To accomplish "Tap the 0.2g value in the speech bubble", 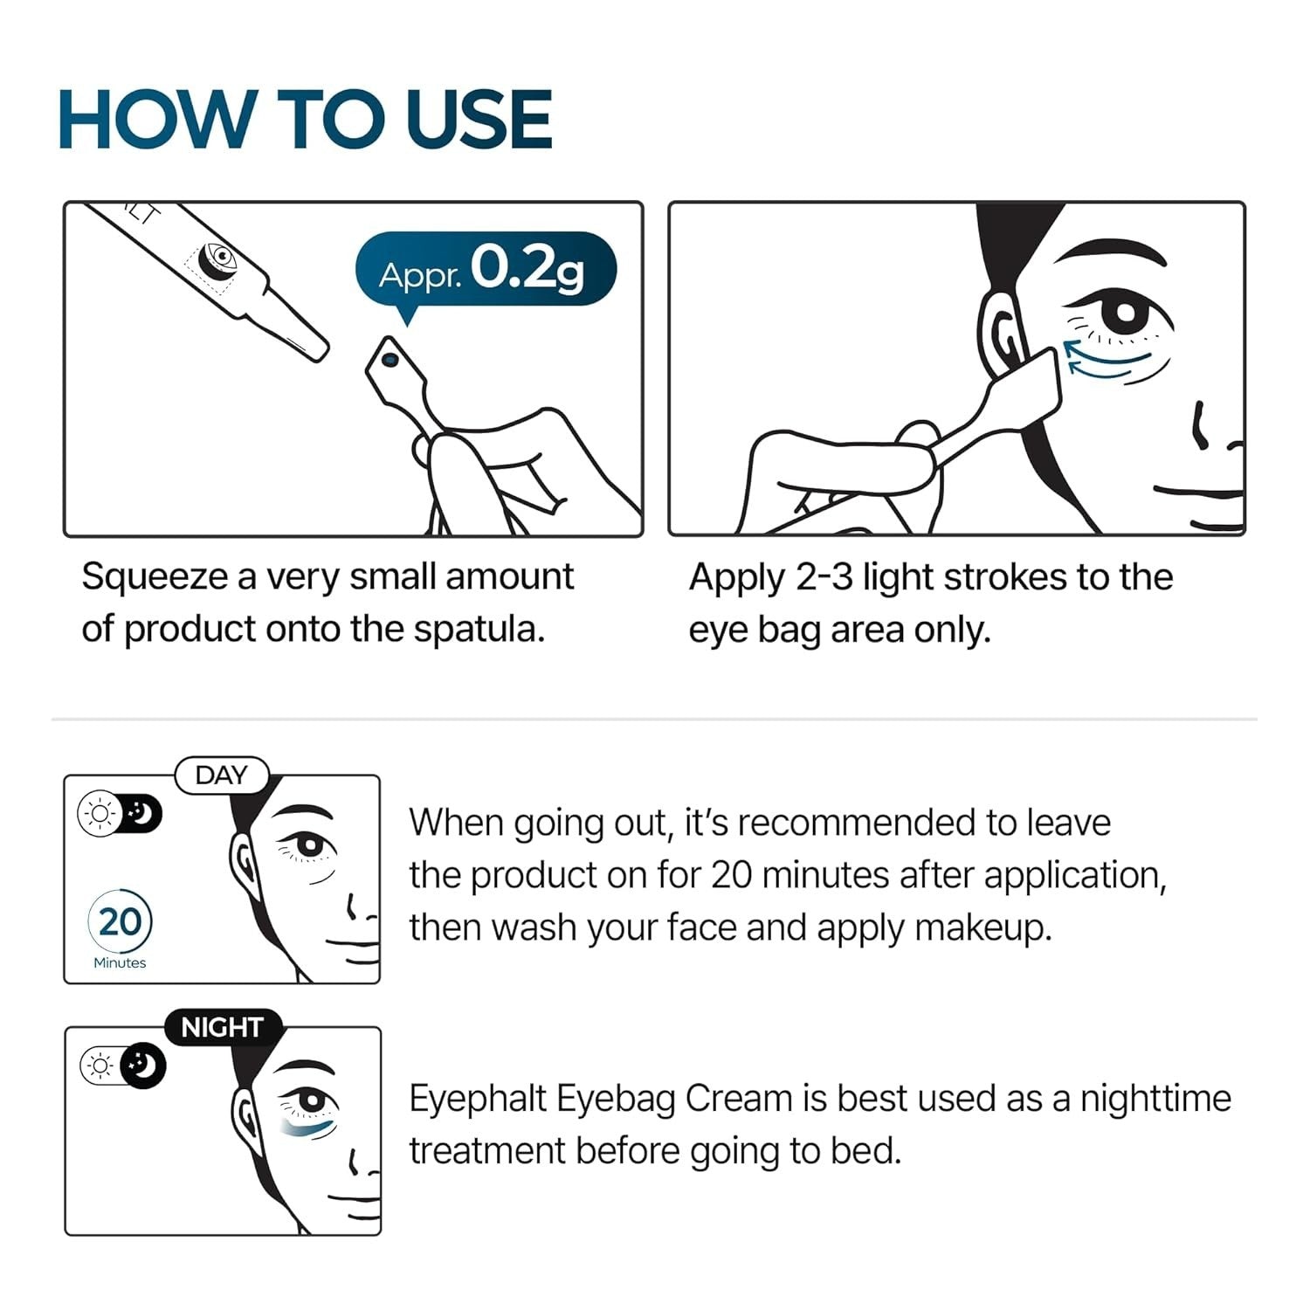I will click(527, 269).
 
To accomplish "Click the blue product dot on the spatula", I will click(390, 359).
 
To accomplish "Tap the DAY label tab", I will click(222, 776).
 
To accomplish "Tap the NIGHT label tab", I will click(222, 1028).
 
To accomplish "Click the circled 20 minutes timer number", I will click(120, 922).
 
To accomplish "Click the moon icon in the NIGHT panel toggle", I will click(143, 1065).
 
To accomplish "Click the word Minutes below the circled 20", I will click(120, 962).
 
